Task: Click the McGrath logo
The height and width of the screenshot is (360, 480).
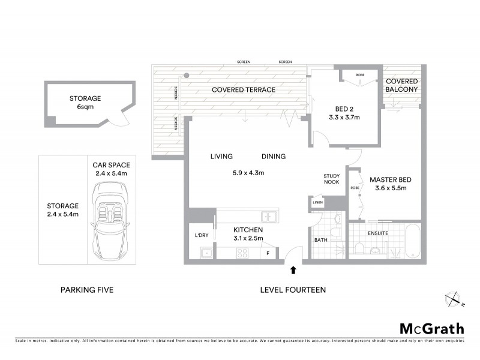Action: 431,328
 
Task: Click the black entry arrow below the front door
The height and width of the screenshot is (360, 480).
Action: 293,271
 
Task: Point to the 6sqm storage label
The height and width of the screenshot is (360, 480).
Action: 85,107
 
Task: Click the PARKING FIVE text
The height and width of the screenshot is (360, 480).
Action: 87,290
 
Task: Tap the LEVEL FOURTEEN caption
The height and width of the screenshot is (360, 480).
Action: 293,290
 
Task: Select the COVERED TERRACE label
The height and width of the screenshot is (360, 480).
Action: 243,90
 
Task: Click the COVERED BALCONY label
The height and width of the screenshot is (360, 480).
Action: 402,85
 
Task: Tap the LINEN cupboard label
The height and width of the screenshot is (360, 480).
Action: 317,203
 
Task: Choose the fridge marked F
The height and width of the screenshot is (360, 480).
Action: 268,253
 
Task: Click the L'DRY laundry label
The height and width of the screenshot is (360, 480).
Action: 201,235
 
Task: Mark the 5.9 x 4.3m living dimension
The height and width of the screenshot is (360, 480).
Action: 248,173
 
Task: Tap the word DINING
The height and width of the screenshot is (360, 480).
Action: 273,157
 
